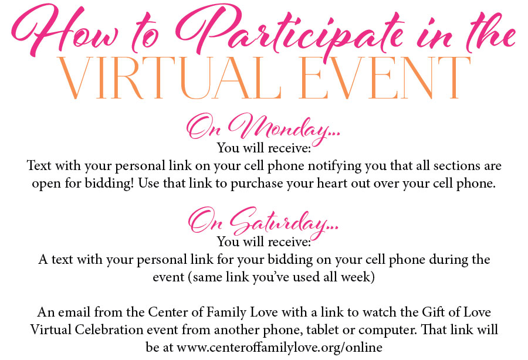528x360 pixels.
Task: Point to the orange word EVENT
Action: (384, 78)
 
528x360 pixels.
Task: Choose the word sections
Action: (456, 165)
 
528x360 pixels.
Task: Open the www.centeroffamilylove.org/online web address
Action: (279, 348)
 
